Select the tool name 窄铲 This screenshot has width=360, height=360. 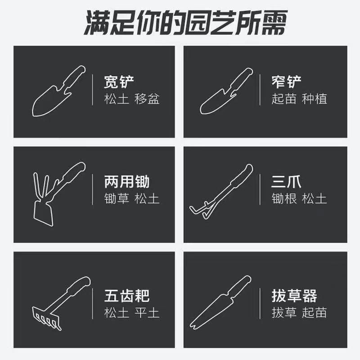point(287,82)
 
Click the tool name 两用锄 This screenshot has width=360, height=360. point(126,182)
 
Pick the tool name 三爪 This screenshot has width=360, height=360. point(286,182)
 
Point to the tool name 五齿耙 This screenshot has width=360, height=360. point(126,296)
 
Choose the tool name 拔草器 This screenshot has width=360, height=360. point(294,296)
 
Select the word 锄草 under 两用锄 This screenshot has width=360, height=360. point(116,198)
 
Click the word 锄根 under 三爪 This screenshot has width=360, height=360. point(284,198)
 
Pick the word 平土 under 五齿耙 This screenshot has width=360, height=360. point(147,312)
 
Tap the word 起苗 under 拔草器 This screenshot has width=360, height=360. point(315,312)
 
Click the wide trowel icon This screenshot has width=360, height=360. point(56,92)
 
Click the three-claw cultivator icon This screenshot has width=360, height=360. point(220,191)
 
